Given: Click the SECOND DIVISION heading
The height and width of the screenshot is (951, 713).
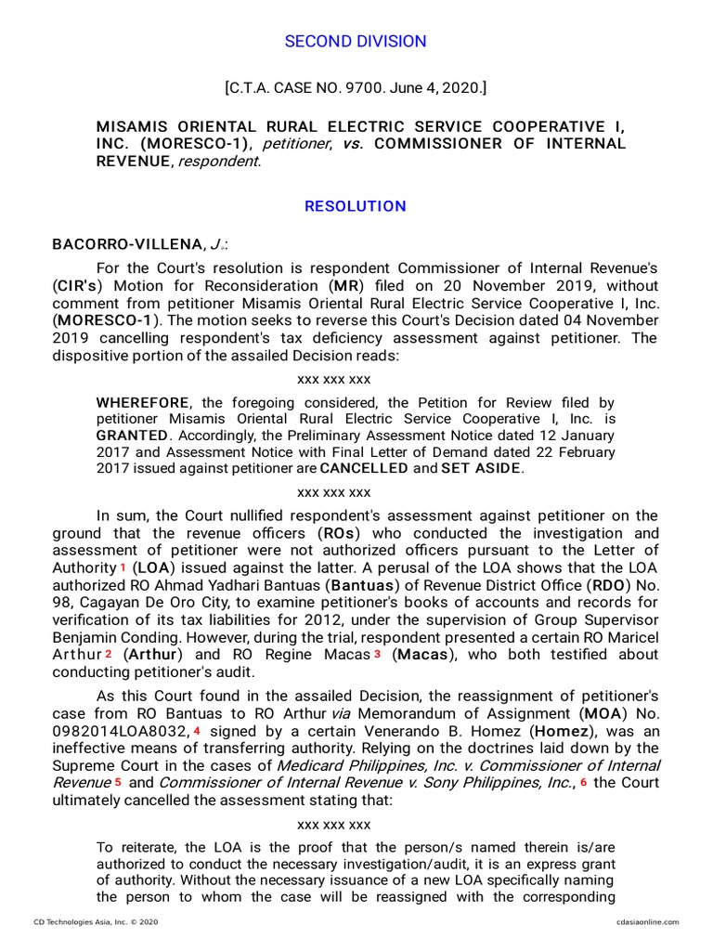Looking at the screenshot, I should pyautogui.click(x=356, y=42).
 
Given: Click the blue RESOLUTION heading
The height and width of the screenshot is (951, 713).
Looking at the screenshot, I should pyautogui.click(x=356, y=206).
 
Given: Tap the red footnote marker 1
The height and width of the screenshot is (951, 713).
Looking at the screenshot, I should pyautogui.click(x=123, y=567).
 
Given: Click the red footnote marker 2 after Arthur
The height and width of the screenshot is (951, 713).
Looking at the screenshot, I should pyautogui.click(x=109, y=655).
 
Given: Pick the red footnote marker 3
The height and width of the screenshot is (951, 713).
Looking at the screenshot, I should pyautogui.click(x=378, y=655).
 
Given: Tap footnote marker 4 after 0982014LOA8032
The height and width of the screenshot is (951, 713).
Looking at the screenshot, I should pyautogui.click(x=197, y=731).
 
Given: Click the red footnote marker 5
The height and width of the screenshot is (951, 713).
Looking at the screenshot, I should pyautogui.click(x=118, y=783).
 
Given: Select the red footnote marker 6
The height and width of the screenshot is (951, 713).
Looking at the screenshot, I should pyautogui.click(x=583, y=783).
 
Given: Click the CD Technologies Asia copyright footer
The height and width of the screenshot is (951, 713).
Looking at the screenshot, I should pyautogui.click(x=96, y=922).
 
